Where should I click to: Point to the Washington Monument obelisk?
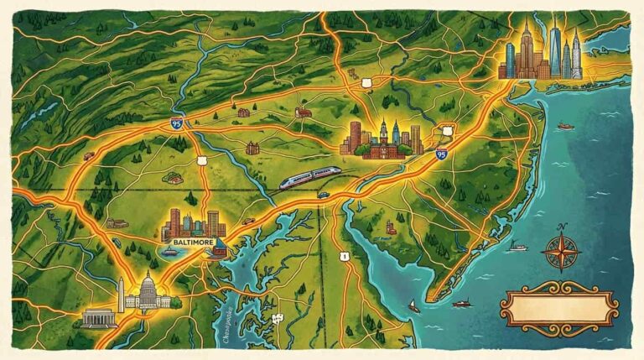(122, 294)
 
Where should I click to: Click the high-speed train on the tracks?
(309, 177)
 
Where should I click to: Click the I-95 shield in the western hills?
(176, 123)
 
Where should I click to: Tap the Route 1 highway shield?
(344, 255)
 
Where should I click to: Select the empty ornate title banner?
(558, 305)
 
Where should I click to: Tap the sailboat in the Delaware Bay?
(413, 306)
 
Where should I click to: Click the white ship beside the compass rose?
(518, 247)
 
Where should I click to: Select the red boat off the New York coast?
(566, 126)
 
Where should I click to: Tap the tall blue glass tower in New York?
(554, 50)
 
